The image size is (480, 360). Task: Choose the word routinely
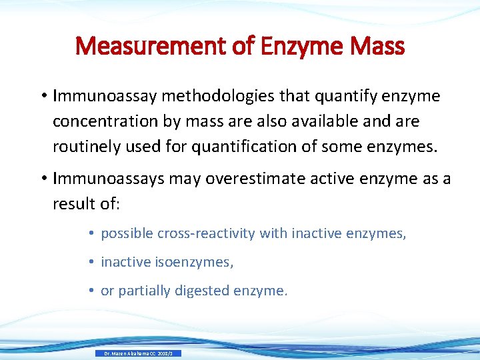(x=82, y=147)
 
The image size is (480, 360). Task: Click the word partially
(x=142, y=291)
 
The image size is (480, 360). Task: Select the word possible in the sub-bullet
(x=127, y=233)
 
